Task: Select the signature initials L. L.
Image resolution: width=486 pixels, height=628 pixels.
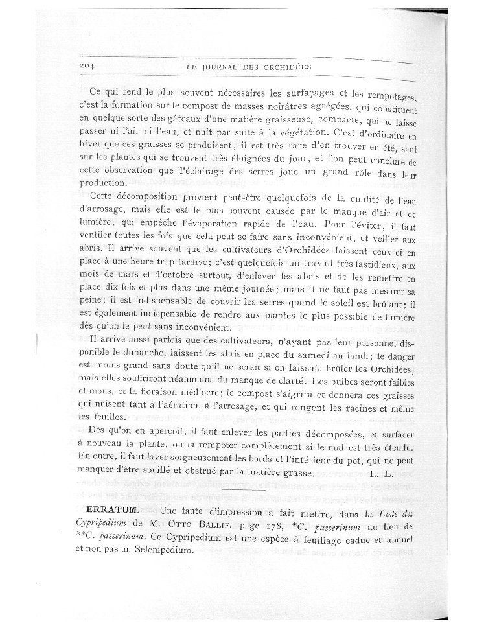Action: pyautogui.click(x=382, y=474)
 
